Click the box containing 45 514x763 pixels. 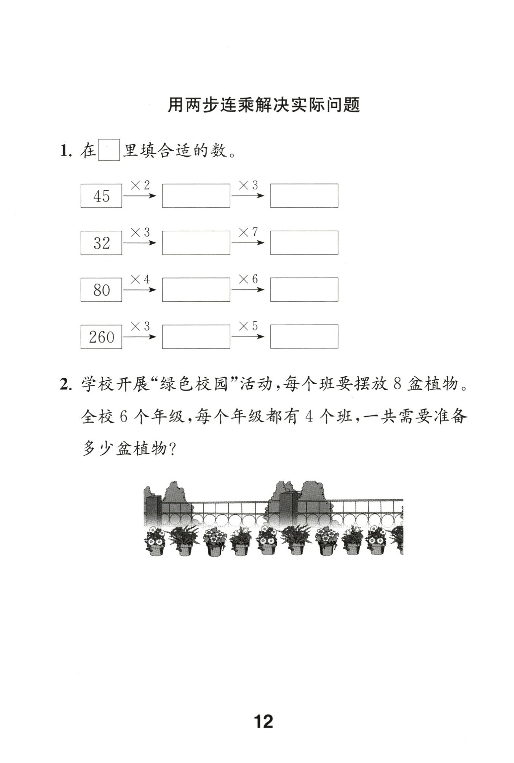101,196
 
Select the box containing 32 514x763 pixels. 101,243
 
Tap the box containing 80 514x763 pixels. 101,290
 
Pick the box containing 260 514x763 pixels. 101,337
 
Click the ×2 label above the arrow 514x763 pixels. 140,186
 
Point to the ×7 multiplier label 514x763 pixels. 248,232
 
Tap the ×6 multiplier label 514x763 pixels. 248,279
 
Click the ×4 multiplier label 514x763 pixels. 140,279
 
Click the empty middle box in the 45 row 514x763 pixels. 196,196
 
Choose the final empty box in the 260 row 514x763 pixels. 304,337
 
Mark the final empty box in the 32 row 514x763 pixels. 304,243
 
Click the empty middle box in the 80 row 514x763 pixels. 196,290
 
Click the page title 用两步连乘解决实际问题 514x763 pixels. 263,105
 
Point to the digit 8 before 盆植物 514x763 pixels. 396,385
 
